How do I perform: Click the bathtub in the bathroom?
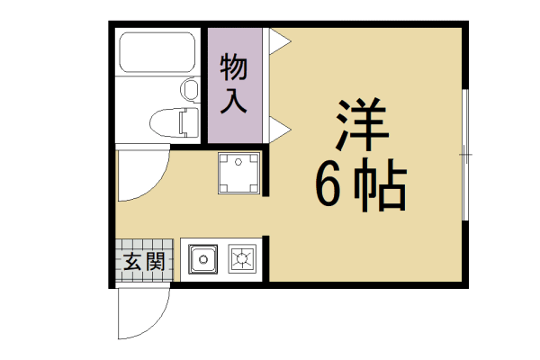[157, 57]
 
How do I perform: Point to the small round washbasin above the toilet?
[190, 89]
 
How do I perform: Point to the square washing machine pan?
[239, 173]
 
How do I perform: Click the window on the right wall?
[465, 155]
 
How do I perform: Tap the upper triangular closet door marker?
[277, 40]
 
